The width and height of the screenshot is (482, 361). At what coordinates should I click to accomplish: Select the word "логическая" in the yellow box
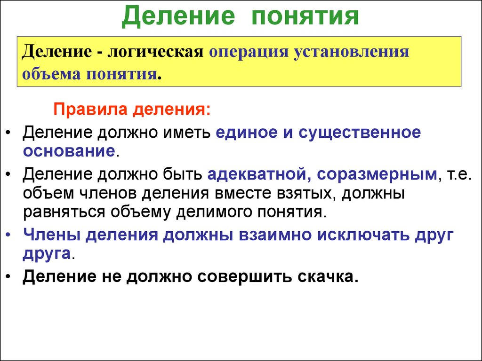156,51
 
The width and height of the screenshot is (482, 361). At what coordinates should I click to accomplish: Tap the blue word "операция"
250,51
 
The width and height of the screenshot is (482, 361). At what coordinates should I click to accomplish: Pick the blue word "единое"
247,132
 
